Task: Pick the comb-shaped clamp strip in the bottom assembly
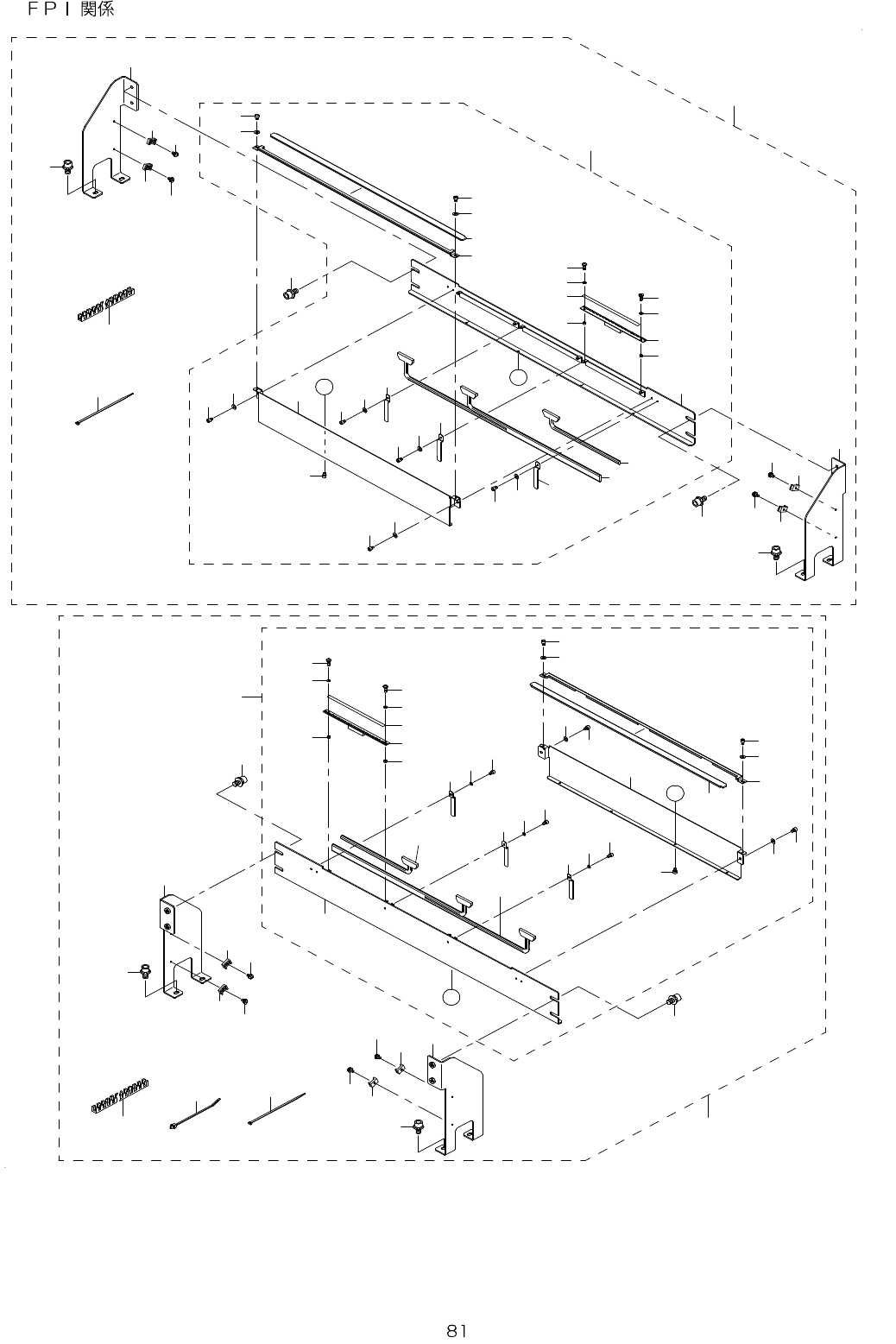click(x=120, y=1095)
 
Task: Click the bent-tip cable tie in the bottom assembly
click(x=196, y=1113)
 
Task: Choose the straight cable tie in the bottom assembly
click(x=276, y=1108)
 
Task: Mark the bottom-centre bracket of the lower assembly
click(x=453, y=1096)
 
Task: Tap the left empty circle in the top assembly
click(x=324, y=388)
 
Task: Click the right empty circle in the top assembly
click(x=518, y=375)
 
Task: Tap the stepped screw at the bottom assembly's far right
click(x=673, y=1000)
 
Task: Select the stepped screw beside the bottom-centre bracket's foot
click(x=418, y=1126)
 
